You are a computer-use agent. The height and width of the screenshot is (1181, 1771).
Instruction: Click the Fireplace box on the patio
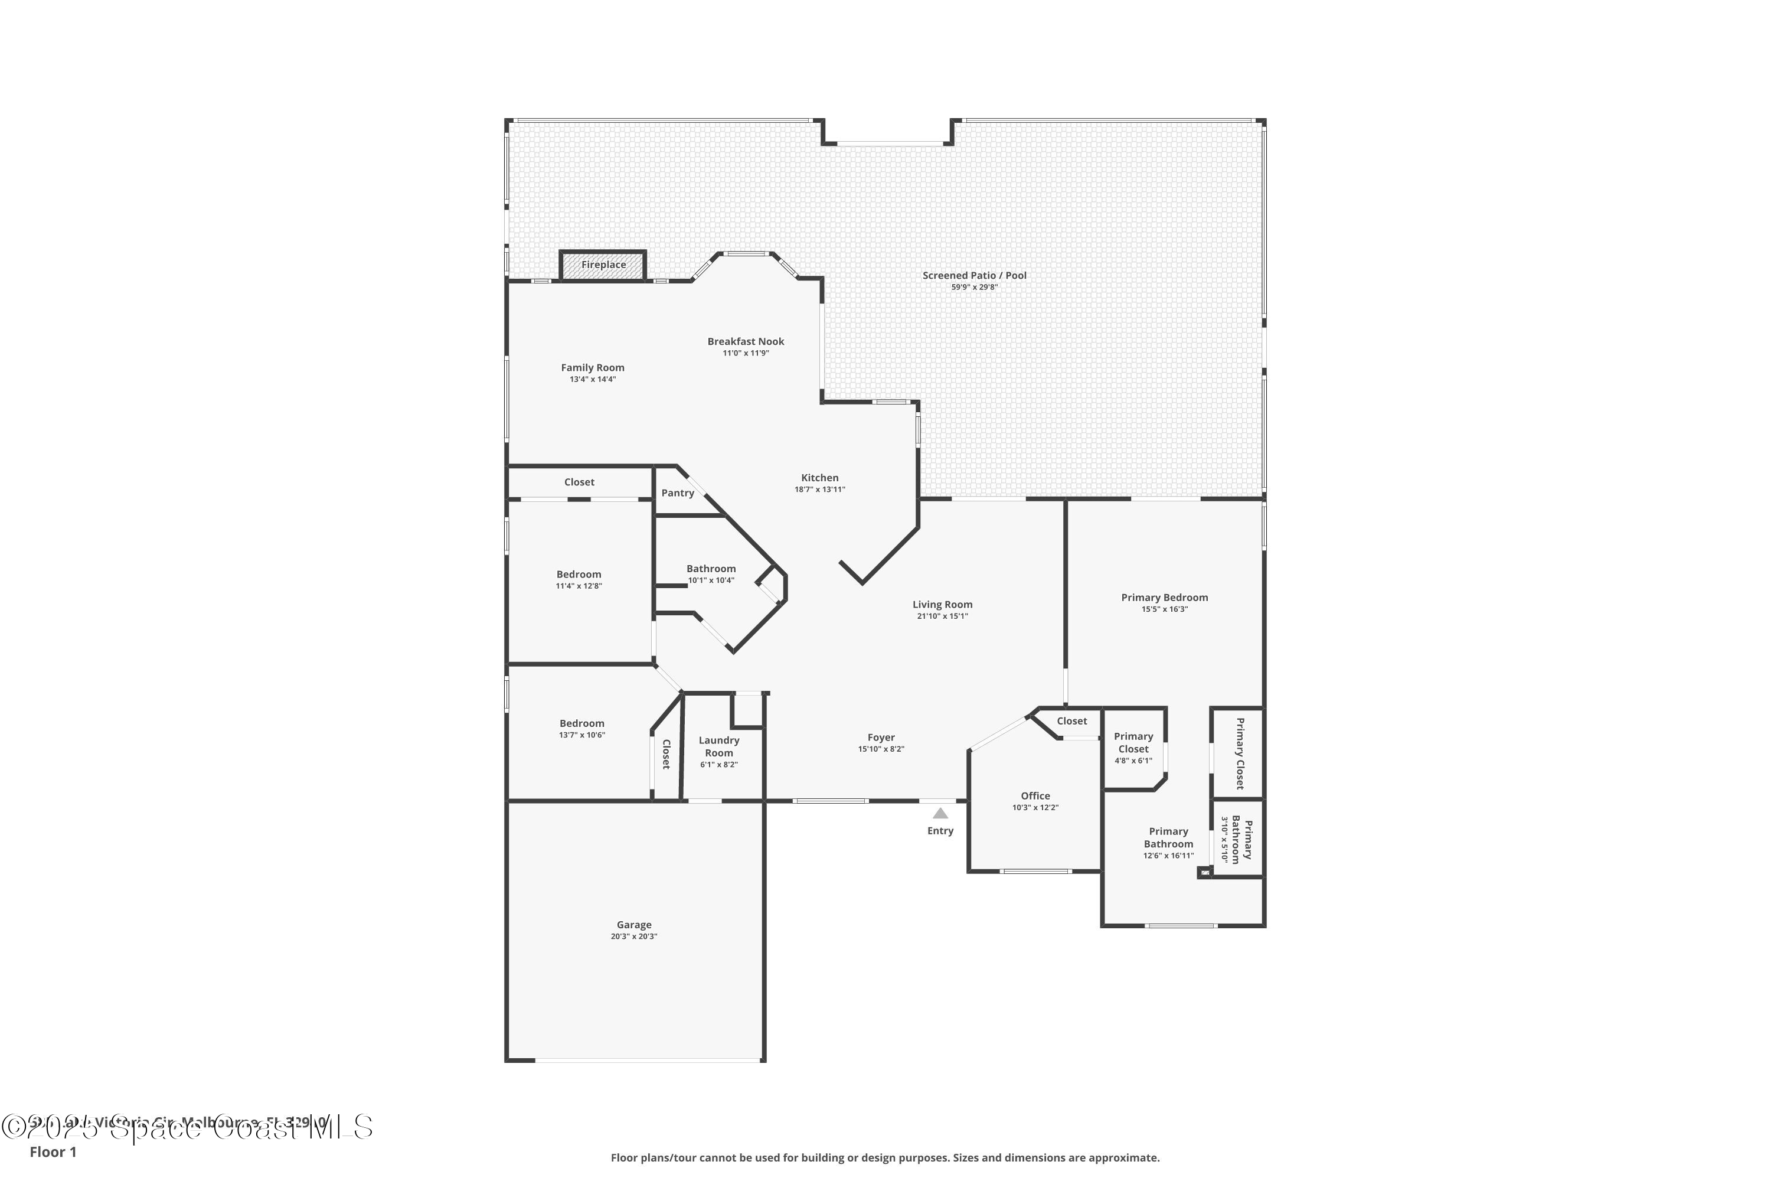pos(602,265)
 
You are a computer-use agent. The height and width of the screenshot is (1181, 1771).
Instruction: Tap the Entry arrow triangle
pos(940,814)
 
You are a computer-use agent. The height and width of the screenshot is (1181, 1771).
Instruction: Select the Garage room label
pos(633,925)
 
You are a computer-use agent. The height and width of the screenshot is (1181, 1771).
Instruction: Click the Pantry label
pos(677,492)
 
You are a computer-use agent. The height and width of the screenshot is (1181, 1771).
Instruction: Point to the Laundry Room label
pos(718,746)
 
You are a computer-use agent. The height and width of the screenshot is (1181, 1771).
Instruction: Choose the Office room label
pos(1035,795)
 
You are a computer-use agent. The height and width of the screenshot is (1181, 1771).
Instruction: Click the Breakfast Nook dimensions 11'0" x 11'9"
pos(746,353)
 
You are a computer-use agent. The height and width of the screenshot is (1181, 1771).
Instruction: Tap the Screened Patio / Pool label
pos(973,276)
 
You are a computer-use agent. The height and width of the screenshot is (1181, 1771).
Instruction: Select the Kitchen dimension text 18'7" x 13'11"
pos(819,490)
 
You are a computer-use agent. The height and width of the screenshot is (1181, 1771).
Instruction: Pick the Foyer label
pos(880,738)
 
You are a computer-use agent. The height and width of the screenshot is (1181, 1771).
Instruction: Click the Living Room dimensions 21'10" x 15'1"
pos(942,616)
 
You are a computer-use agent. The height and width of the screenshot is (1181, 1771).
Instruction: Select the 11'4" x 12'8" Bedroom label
pos(579,574)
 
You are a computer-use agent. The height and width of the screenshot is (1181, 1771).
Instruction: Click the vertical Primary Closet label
pos(1239,753)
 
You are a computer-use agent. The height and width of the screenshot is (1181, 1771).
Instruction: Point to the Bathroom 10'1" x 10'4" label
pos(710,569)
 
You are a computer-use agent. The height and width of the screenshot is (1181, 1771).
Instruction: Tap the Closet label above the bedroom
pos(579,482)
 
